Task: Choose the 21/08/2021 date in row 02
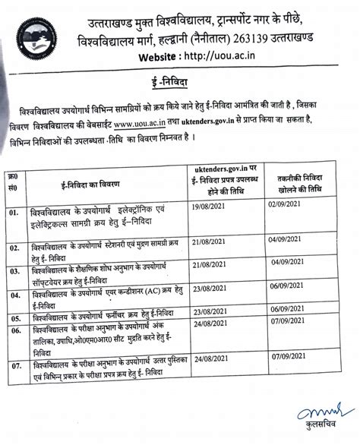[210, 241]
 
